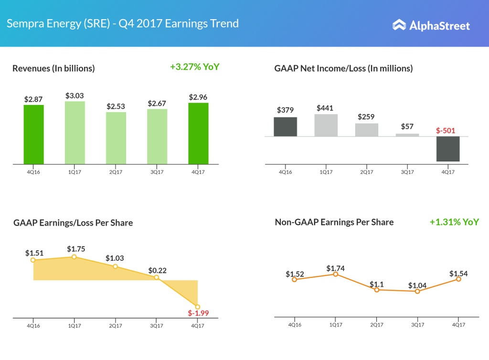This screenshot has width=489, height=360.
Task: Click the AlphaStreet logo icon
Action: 399,25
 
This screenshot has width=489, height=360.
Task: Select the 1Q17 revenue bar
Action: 75,133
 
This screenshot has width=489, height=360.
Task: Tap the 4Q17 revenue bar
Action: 198,134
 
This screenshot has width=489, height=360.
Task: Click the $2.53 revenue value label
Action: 116,106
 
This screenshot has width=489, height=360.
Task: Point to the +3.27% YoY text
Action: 194,67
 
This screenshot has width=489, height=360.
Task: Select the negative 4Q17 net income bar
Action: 448,148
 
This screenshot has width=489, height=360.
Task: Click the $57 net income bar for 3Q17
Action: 407,135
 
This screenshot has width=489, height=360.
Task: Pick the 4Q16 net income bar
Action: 285,127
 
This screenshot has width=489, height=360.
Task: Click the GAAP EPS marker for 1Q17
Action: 74,257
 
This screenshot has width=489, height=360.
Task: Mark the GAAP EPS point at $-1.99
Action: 198,307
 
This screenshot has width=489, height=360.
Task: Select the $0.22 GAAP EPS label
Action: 157,270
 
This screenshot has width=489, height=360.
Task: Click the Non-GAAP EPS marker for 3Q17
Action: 417,291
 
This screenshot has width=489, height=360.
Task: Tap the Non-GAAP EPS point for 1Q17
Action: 336,274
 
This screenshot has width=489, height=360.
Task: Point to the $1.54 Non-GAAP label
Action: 458,274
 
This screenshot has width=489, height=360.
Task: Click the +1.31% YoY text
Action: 454,222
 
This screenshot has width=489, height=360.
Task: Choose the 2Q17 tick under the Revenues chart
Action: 116,172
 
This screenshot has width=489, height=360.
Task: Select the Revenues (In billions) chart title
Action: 53,68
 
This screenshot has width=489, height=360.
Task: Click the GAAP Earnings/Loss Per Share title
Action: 73,223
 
